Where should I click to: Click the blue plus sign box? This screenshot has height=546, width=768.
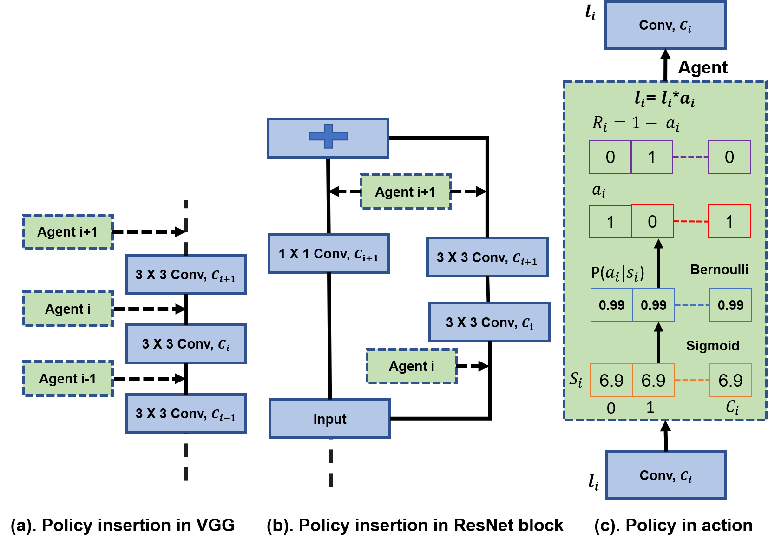(x=328, y=138)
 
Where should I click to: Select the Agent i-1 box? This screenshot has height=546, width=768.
(x=68, y=379)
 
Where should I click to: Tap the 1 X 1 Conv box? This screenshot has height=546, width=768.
(x=328, y=254)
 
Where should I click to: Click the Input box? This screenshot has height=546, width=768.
(x=329, y=419)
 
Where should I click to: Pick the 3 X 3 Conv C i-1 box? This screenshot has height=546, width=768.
(x=186, y=414)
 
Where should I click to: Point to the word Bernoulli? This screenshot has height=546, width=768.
(x=719, y=270)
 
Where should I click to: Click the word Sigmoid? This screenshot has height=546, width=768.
(x=712, y=346)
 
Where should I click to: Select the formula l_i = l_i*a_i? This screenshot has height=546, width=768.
(x=664, y=99)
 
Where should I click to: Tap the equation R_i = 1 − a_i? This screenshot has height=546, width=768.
(x=636, y=123)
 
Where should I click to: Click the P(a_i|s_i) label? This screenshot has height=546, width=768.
(x=617, y=273)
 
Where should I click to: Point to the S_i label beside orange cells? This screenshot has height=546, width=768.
(x=576, y=379)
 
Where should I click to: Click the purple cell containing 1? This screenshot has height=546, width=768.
(x=652, y=157)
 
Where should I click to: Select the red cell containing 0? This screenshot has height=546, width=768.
(x=652, y=222)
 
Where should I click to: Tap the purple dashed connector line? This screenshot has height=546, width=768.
(x=690, y=157)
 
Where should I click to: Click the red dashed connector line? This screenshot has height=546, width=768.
(x=690, y=222)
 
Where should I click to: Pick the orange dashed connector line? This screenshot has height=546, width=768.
(x=692, y=380)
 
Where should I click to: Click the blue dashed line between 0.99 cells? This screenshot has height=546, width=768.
(x=692, y=305)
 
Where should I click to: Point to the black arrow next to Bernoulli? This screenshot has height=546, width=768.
(x=658, y=263)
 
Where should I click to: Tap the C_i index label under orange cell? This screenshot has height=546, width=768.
(x=732, y=408)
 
